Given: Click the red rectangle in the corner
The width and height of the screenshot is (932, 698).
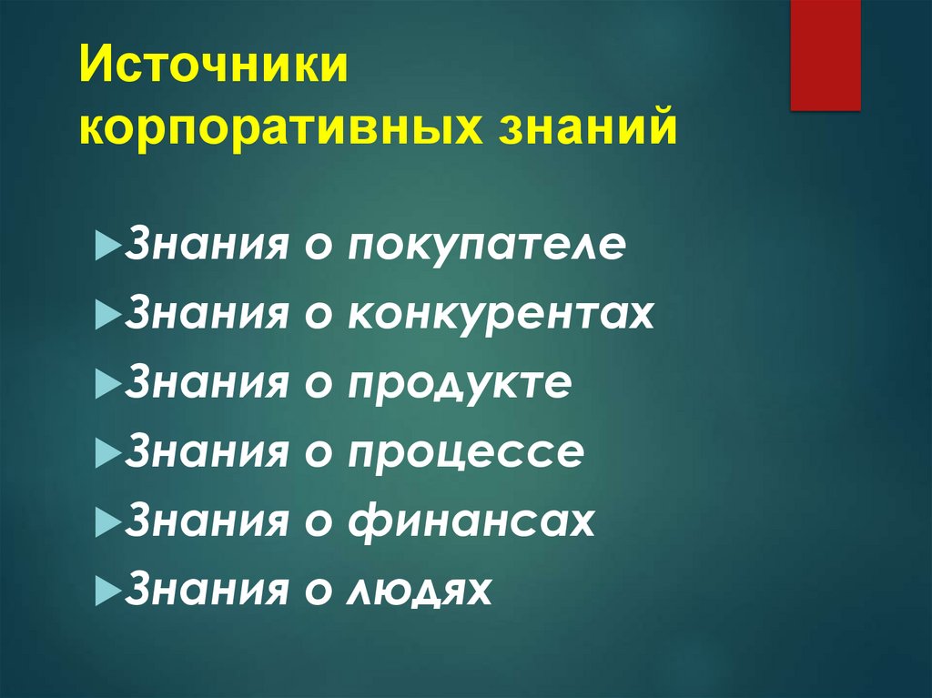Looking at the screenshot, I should (x=825, y=55).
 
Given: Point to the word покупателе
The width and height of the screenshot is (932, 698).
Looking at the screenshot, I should (x=486, y=248).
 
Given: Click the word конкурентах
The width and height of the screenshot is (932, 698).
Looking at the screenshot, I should (x=500, y=316).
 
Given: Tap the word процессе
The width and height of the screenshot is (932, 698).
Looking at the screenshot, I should (x=464, y=453).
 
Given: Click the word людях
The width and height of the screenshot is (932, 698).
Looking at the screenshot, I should (x=419, y=591).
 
